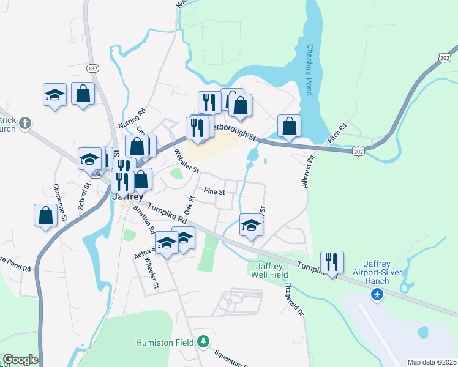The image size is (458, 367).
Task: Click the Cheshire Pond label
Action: [310, 70]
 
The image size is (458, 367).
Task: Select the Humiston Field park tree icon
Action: [202, 341]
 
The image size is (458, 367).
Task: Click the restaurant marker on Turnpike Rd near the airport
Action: [332, 262]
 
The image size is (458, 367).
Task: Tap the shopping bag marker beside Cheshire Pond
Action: [289, 126]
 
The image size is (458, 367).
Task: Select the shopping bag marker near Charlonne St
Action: [45, 215]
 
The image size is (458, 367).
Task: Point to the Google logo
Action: [20, 360]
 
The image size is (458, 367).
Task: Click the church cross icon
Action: [25, 122]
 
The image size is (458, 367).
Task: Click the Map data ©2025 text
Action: [431, 362]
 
